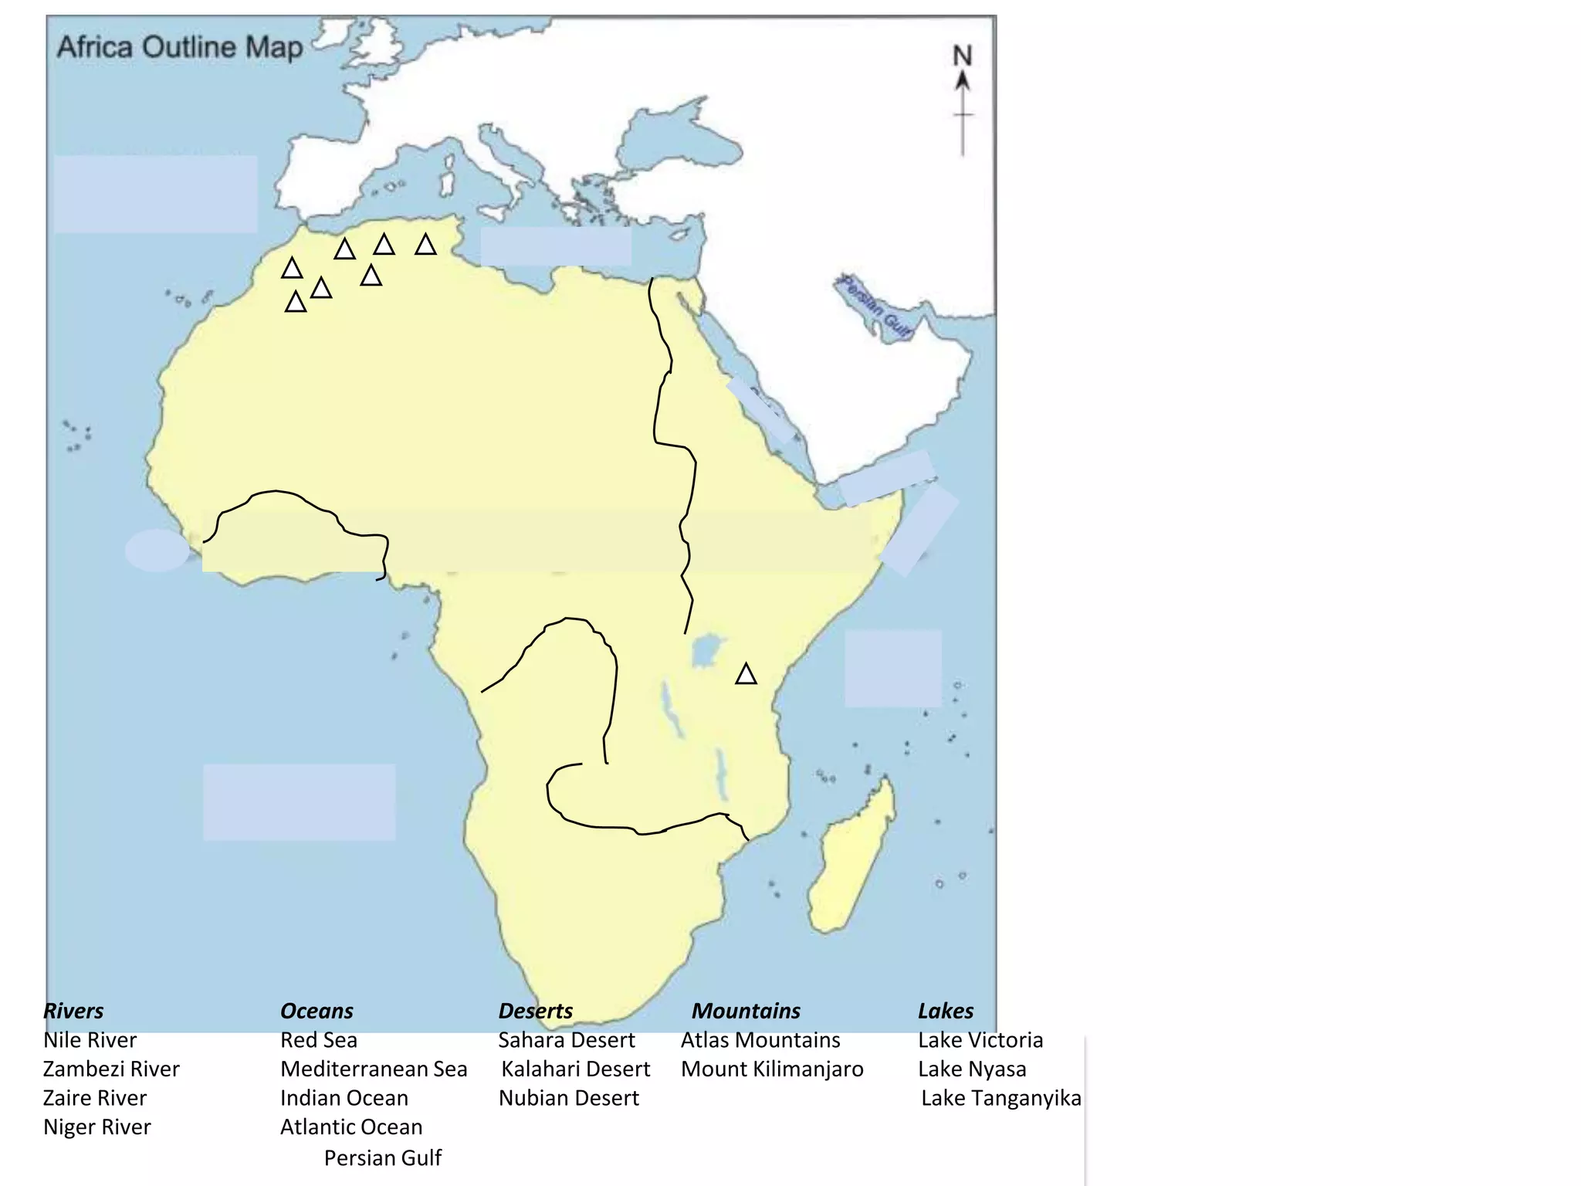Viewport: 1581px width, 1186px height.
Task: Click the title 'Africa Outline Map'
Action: coord(180,47)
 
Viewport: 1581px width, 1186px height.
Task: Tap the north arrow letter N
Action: coord(962,56)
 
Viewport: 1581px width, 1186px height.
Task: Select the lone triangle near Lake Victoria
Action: coord(746,674)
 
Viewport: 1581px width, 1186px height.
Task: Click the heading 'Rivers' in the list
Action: coord(73,1011)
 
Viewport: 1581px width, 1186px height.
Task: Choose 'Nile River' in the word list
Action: coord(90,1040)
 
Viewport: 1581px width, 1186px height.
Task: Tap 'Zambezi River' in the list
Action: coord(111,1069)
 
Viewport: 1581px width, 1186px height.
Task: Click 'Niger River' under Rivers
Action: coord(97,1127)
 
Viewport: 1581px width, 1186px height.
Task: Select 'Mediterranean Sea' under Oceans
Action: coord(374,1069)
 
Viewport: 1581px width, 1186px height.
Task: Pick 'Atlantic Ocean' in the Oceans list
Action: coord(351,1127)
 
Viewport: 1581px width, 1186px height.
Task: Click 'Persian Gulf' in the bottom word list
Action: coord(383,1158)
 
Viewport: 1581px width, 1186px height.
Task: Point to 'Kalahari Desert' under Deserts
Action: coord(576,1069)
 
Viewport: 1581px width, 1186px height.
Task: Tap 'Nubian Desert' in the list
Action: coord(569,1098)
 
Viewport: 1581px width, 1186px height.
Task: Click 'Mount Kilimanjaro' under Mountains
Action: coord(772,1069)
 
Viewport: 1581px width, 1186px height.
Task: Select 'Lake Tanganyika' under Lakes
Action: coord(1001,1098)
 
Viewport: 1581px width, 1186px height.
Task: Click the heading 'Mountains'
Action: coord(746,1011)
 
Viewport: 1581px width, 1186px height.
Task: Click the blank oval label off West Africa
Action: coord(157,551)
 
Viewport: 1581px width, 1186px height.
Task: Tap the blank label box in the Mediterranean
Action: coord(556,246)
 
